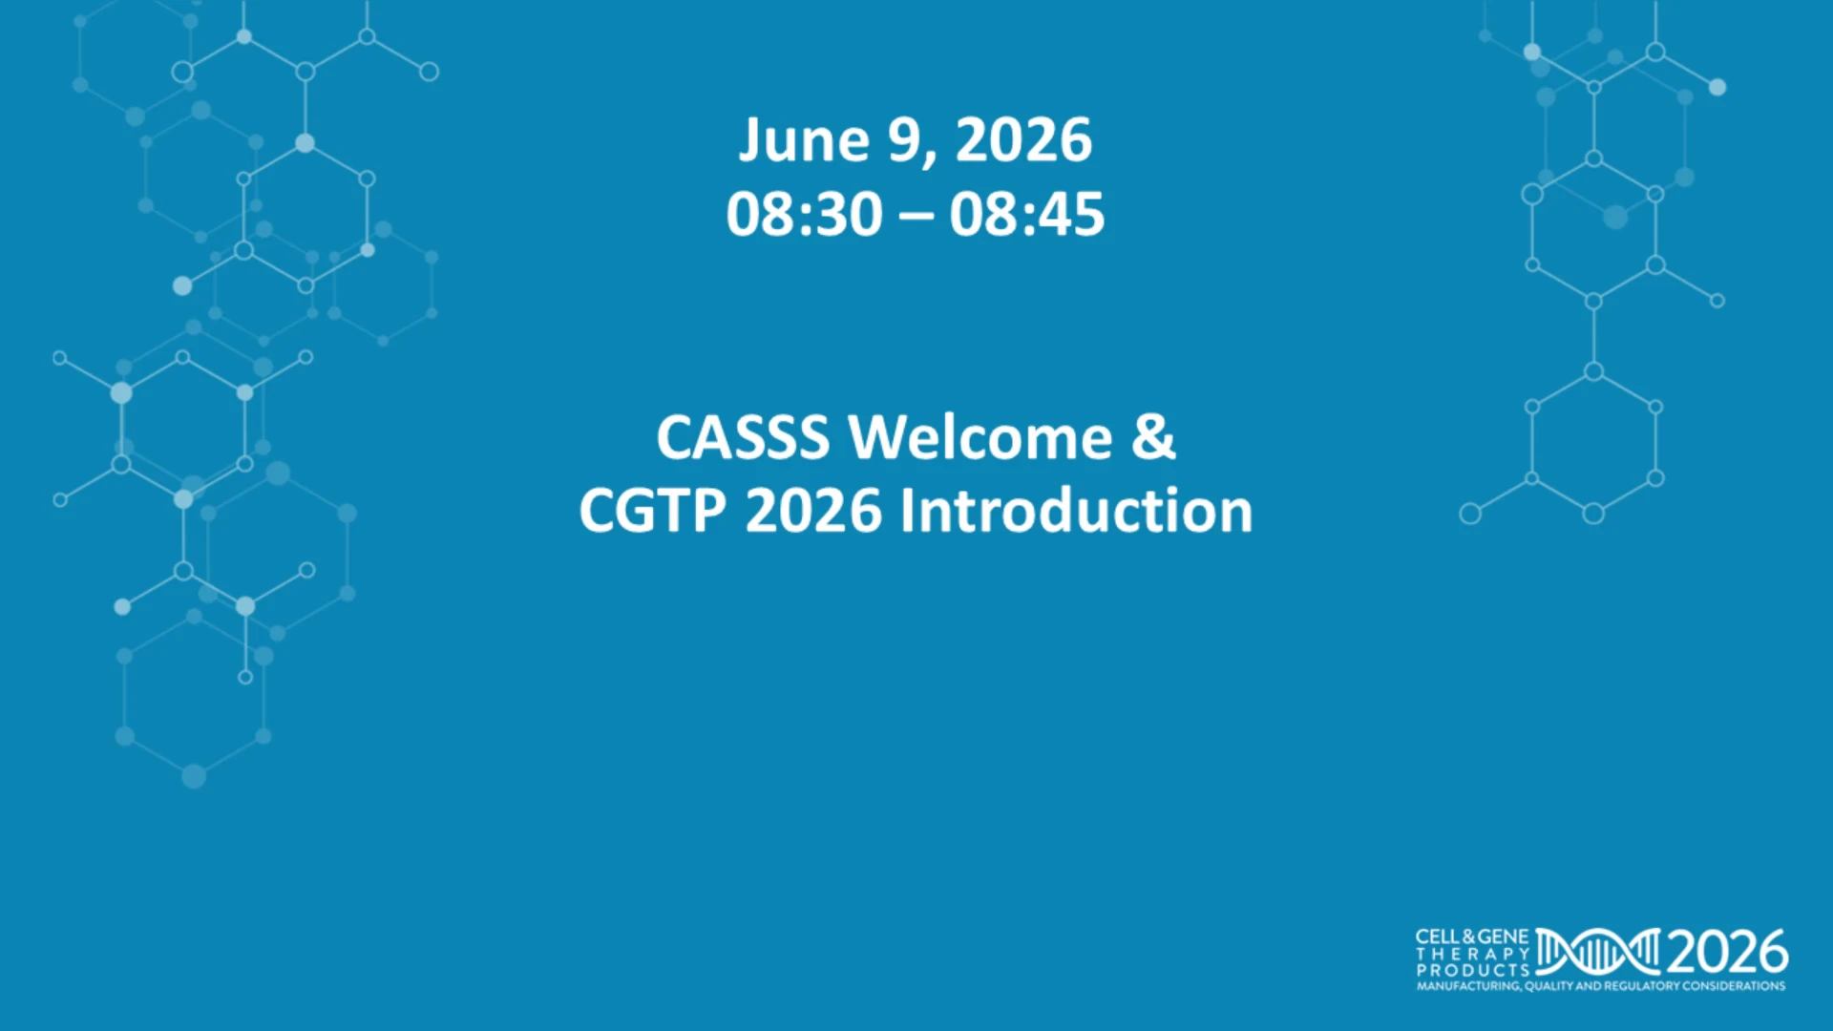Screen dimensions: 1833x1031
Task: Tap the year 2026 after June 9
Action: [1023, 140]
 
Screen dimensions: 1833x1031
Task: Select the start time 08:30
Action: [804, 214]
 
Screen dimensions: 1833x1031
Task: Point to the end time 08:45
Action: [1027, 214]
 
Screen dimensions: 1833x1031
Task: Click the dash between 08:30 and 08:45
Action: [916, 218]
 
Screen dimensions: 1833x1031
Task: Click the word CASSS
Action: [743, 438]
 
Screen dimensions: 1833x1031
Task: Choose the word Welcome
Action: [980, 437]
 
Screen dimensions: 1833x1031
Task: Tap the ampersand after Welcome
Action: [1153, 437]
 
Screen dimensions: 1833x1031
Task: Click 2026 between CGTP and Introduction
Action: [813, 511]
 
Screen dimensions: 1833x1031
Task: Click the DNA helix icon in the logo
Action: [1598, 952]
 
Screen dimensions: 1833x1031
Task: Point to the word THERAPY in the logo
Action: [1473, 954]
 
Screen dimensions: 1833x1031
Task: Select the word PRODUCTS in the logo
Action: [1473, 970]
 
